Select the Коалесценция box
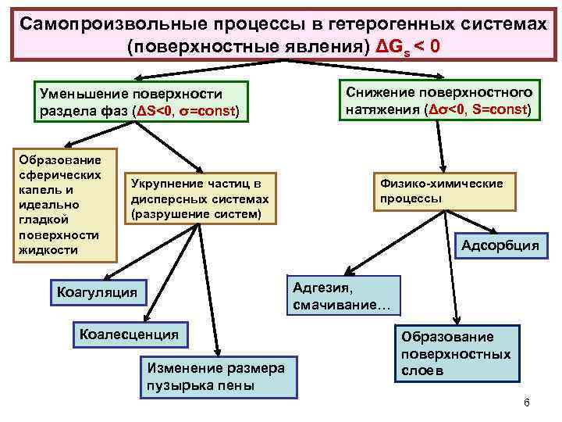pos(130,334)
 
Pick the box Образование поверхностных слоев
pos(456,353)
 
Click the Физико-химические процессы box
pos(442,191)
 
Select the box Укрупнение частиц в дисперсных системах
pos(198,198)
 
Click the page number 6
pos(526,402)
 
